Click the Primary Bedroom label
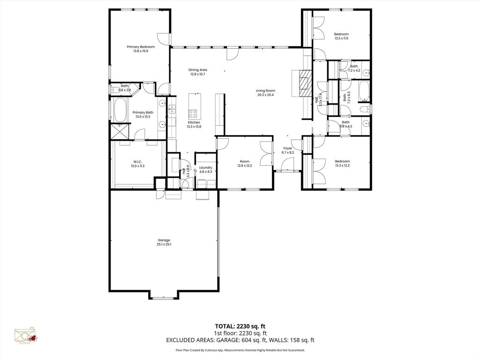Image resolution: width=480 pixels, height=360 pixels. point(141,47)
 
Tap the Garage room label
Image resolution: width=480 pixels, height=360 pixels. point(164,240)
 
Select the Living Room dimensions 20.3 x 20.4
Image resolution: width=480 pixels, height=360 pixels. point(265,95)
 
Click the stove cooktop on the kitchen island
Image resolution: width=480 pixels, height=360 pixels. point(193,113)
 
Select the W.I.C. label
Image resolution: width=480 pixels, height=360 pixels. point(137,162)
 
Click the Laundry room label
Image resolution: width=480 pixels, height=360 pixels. point(205,167)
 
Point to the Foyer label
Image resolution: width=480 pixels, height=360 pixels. point(288,149)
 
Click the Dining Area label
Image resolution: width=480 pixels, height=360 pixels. point(198,70)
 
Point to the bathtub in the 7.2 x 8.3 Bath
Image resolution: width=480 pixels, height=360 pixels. point(364,91)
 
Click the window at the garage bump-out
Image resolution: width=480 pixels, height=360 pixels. point(164,298)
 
